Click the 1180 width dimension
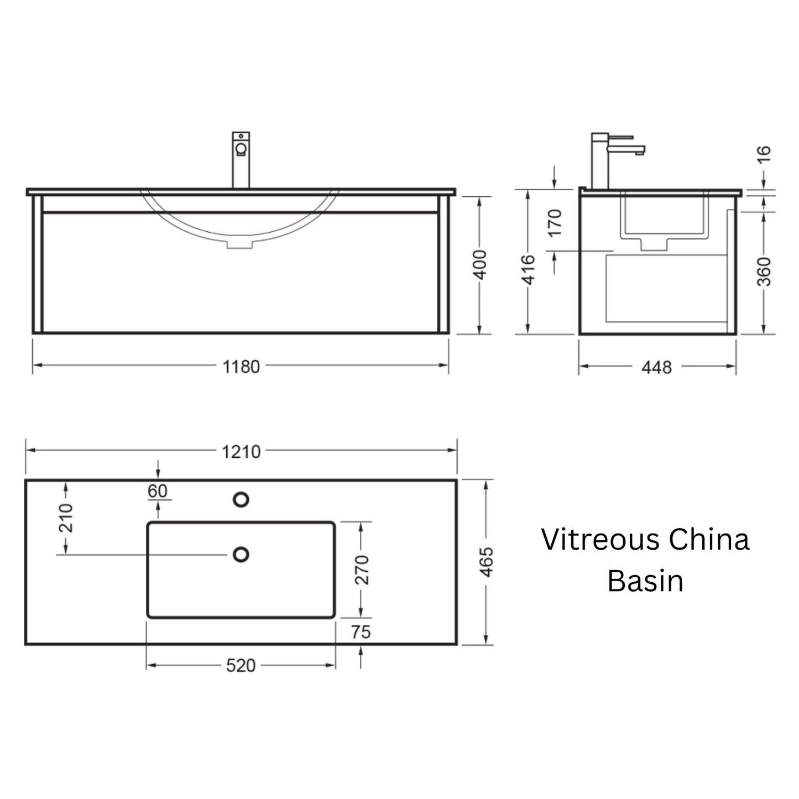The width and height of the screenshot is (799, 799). pyautogui.click(x=241, y=367)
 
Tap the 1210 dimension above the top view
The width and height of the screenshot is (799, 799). pyautogui.click(x=241, y=452)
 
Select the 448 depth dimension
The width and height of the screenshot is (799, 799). pyautogui.click(x=656, y=367)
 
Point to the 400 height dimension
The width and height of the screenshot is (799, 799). pyautogui.click(x=479, y=264)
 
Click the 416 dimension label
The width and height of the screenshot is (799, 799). pyautogui.click(x=528, y=270)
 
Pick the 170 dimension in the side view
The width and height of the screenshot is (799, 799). pyautogui.click(x=555, y=223)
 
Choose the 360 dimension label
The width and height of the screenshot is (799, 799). pyautogui.click(x=764, y=272)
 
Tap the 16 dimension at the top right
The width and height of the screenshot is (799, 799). pyautogui.click(x=764, y=154)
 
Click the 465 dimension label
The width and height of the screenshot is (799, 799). pyautogui.click(x=486, y=562)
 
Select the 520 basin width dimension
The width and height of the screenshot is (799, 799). pyautogui.click(x=241, y=666)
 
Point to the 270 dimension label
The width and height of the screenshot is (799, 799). pyautogui.click(x=362, y=570)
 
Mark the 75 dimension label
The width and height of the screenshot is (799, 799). pyautogui.click(x=361, y=632)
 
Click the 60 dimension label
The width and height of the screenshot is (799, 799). pyautogui.click(x=158, y=491)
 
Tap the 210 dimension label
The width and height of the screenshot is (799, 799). pyautogui.click(x=65, y=518)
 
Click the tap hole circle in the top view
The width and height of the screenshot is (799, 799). pyautogui.click(x=241, y=500)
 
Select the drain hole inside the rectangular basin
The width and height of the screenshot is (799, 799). pyautogui.click(x=241, y=555)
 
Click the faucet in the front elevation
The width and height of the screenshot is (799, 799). pyautogui.click(x=241, y=160)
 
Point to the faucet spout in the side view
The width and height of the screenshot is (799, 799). pyautogui.click(x=626, y=150)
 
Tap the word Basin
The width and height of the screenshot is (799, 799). pyautogui.click(x=645, y=581)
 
